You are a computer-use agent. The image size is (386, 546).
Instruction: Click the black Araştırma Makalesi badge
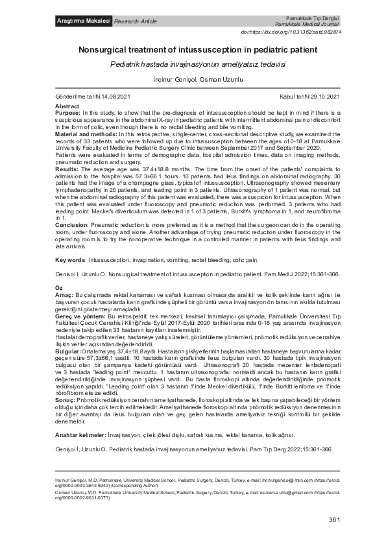tap(83, 21)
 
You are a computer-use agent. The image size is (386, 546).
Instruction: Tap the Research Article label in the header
tap(136, 22)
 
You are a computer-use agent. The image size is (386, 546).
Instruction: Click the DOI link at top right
tap(300, 32)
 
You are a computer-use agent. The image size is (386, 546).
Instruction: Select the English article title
tap(193, 49)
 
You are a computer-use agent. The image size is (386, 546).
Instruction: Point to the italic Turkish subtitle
tap(193, 65)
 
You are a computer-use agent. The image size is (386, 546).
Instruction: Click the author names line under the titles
tap(193, 80)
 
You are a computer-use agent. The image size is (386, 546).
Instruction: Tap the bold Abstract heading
tap(67, 106)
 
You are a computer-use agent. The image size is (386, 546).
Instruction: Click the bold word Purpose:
tap(69, 113)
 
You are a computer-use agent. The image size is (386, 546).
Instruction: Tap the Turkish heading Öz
tap(60, 287)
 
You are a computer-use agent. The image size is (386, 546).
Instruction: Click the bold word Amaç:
tap(64, 294)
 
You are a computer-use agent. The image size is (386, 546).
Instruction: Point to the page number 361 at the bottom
tap(335, 520)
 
